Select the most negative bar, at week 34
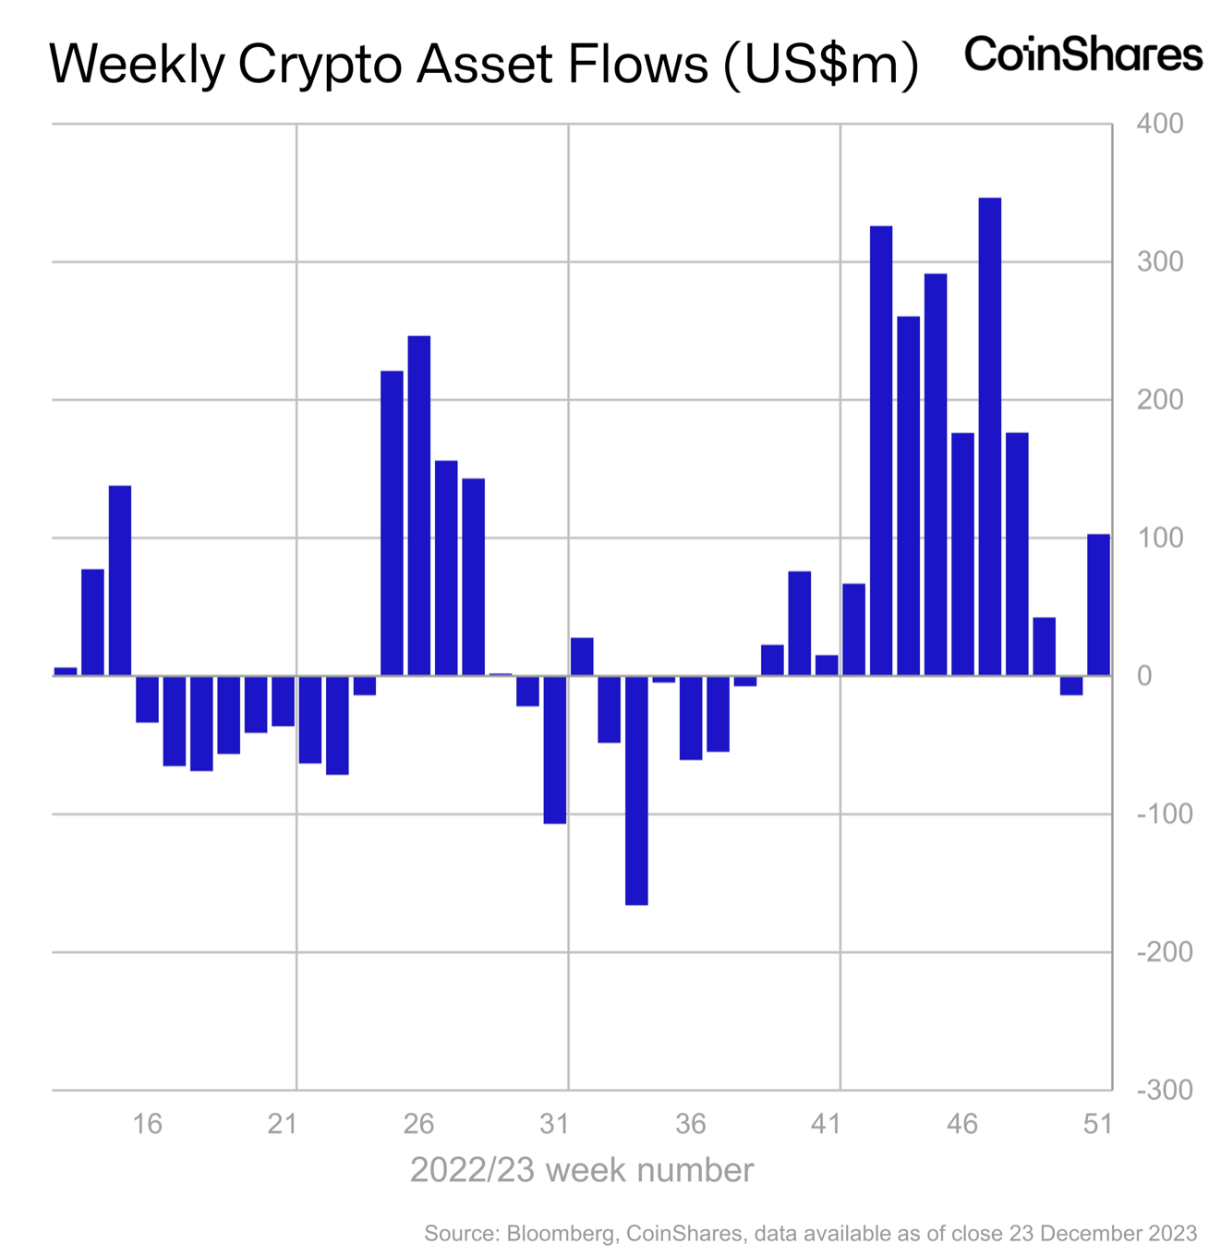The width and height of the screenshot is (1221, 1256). (x=636, y=790)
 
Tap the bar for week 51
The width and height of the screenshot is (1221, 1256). (x=1098, y=605)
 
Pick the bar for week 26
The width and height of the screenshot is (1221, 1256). (x=418, y=505)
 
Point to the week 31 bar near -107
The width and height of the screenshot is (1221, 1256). (x=554, y=749)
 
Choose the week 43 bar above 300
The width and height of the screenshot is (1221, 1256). (x=881, y=451)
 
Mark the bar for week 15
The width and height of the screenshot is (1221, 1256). (x=120, y=580)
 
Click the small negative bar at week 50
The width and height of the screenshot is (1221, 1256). (x=1071, y=685)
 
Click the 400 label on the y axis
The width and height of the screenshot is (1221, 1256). (x=1160, y=124)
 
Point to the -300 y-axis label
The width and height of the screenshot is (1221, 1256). (x=1165, y=1090)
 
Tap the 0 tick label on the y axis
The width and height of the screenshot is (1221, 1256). (x=1145, y=676)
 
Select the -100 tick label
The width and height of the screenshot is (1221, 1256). (x=1165, y=814)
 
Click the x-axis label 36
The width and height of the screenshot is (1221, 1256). (x=690, y=1124)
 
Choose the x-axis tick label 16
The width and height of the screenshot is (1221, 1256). (x=147, y=1124)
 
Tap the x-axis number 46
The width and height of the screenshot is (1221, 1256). (x=962, y=1124)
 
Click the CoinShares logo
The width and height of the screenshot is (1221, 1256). (x=1083, y=54)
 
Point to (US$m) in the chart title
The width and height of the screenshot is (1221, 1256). (x=821, y=65)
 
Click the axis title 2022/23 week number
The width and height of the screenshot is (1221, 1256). (x=582, y=1170)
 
